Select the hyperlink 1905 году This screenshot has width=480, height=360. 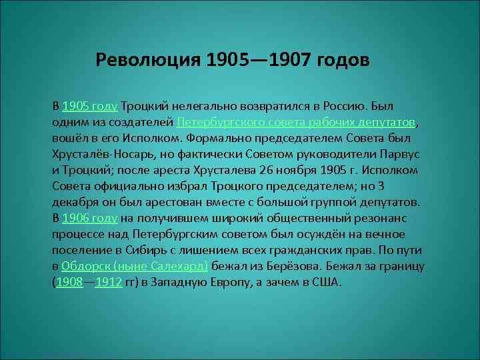click(x=90, y=107)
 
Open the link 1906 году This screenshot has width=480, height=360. click(x=90, y=218)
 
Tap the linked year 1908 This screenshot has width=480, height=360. click(x=69, y=282)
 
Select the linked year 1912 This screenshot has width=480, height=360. click(x=109, y=282)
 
